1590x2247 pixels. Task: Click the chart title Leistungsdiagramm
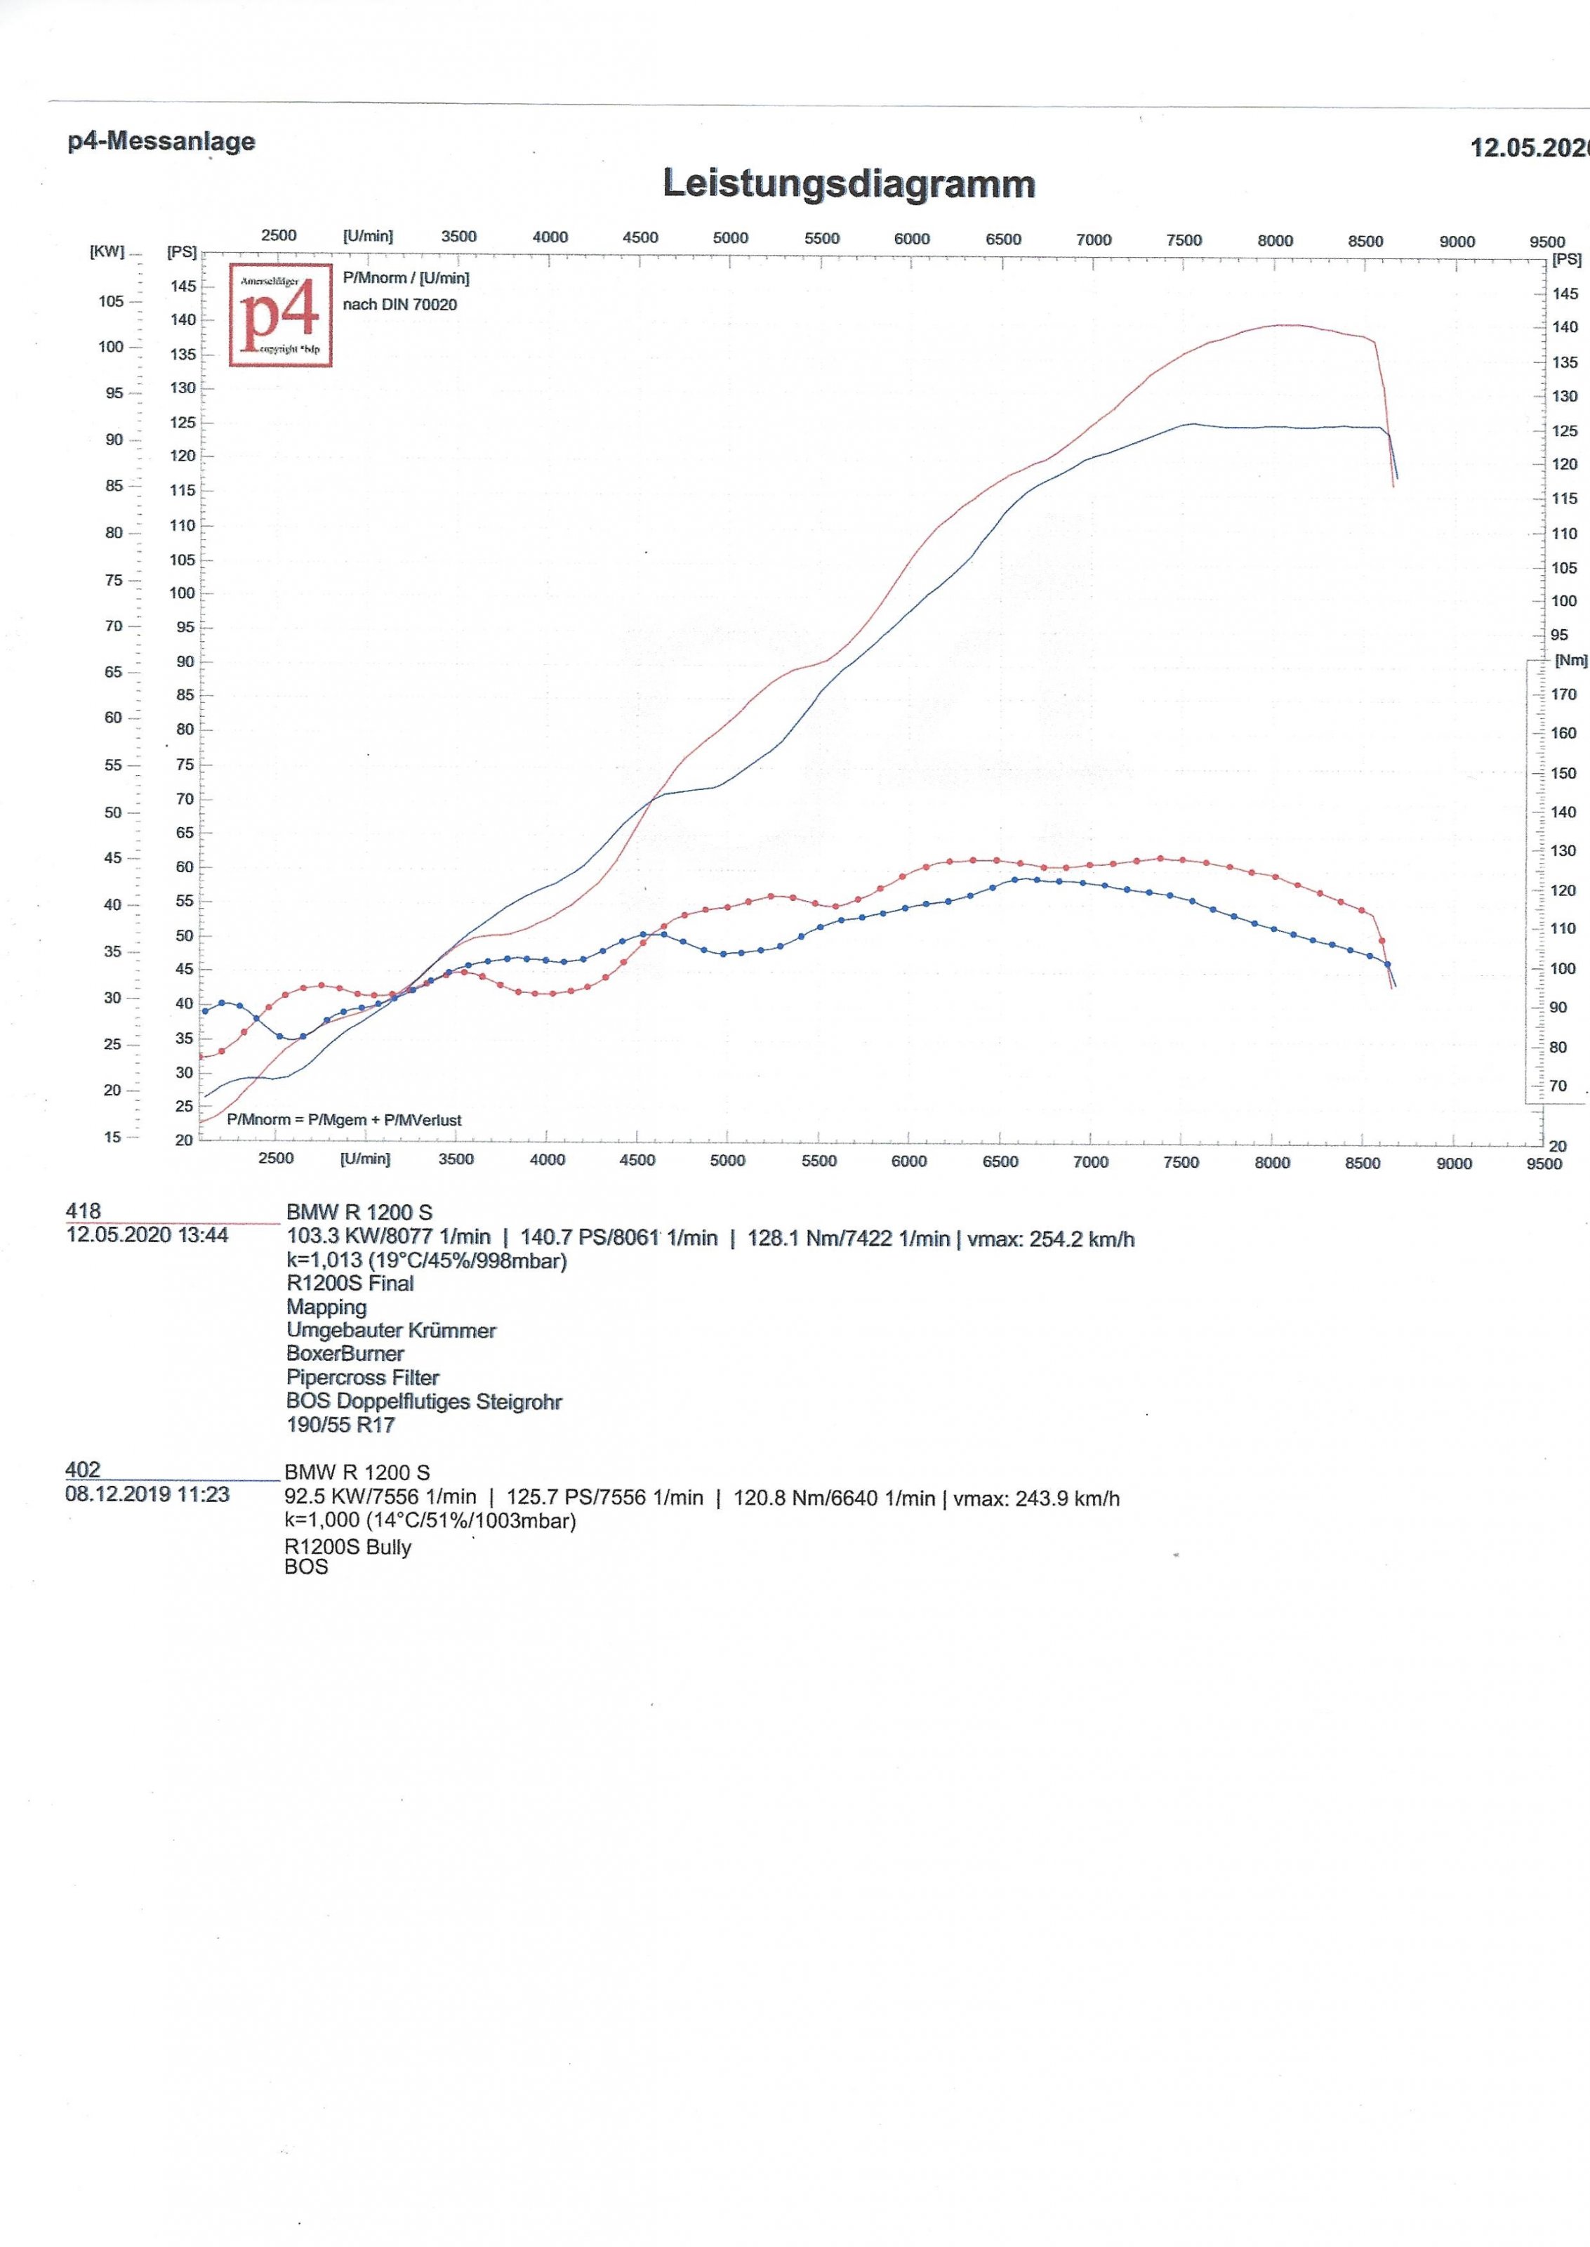pos(848,184)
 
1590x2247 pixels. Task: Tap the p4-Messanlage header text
pos(161,141)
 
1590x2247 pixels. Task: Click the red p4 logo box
pos(281,315)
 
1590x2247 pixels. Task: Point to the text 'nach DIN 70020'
pos(399,305)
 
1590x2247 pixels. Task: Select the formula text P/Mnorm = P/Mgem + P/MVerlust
pos(344,1120)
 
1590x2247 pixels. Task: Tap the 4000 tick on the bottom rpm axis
pos(548,1160)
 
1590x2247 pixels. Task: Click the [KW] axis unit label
pos(107,251)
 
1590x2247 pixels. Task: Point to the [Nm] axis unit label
pos(1570,661)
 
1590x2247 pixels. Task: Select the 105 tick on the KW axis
pos(112,301)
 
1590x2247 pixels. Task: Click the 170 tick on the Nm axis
pos(1563,694)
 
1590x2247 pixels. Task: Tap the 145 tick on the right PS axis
pos(1565,294)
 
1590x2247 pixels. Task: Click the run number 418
pos(84,1211)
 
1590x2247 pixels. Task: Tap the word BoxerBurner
pos(345,1354)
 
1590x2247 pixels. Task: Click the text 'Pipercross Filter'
pos(362,1378)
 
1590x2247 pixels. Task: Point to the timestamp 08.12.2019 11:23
pos(147,1494)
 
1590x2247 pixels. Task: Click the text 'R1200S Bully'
pos(347,1547)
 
